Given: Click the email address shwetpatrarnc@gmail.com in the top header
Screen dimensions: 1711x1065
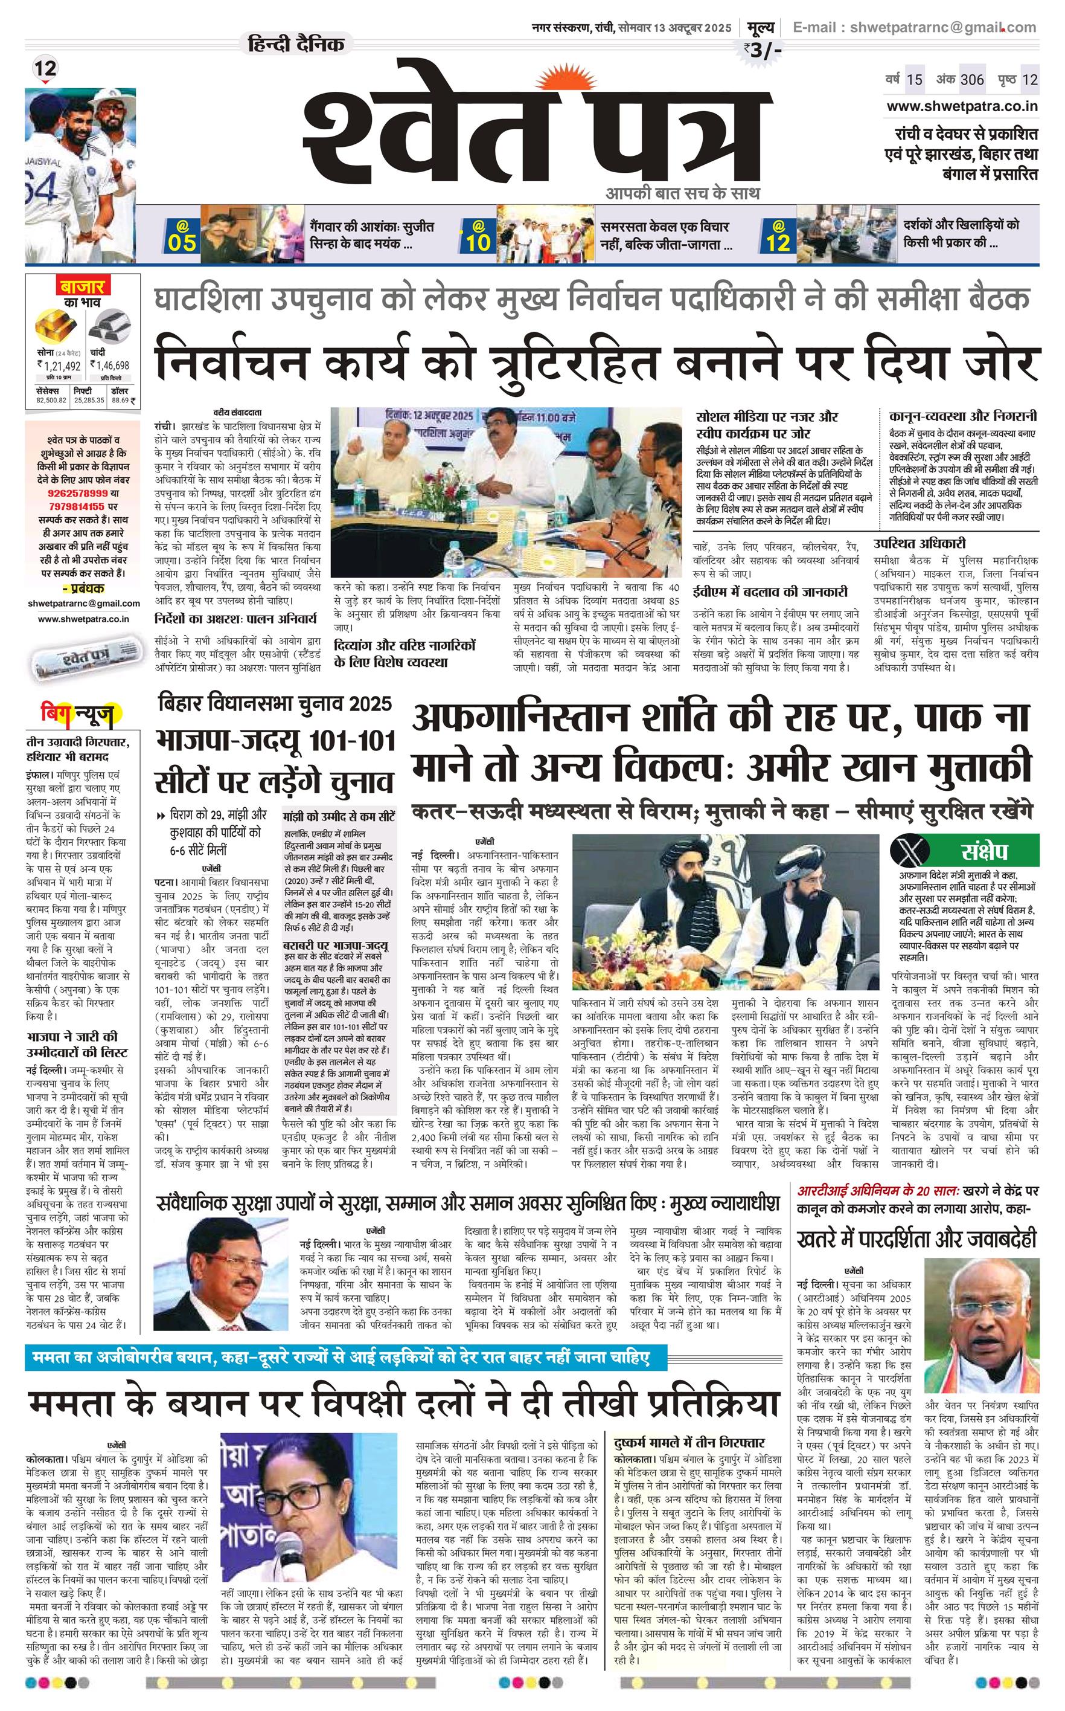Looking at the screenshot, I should [943, 27].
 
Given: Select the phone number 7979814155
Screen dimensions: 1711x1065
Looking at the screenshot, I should [76, 506].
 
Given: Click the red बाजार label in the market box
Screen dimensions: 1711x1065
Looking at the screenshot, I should [82, 287].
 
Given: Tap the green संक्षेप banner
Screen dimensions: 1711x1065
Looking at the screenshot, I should [983, 852].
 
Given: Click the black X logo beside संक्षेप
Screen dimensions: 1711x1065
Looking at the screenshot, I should [908, 852].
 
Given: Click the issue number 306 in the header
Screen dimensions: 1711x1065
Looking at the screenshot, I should [971, 80].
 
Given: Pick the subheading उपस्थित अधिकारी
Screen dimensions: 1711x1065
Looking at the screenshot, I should [919, 543].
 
